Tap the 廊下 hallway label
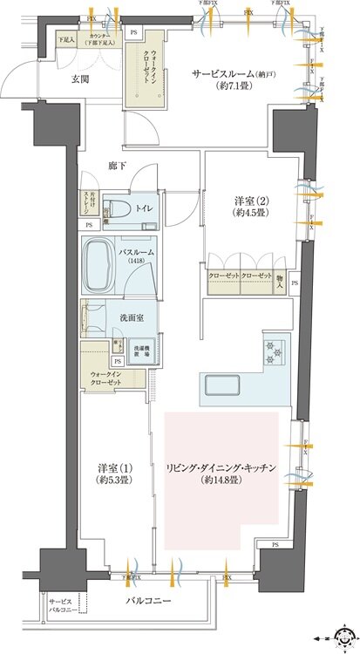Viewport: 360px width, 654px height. [x=118, y=165]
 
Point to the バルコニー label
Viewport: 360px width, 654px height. [x=145, y=603]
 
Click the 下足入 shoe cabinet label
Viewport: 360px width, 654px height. [x=66, y=40]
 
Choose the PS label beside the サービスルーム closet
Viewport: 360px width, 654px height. [x=133, y=32]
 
